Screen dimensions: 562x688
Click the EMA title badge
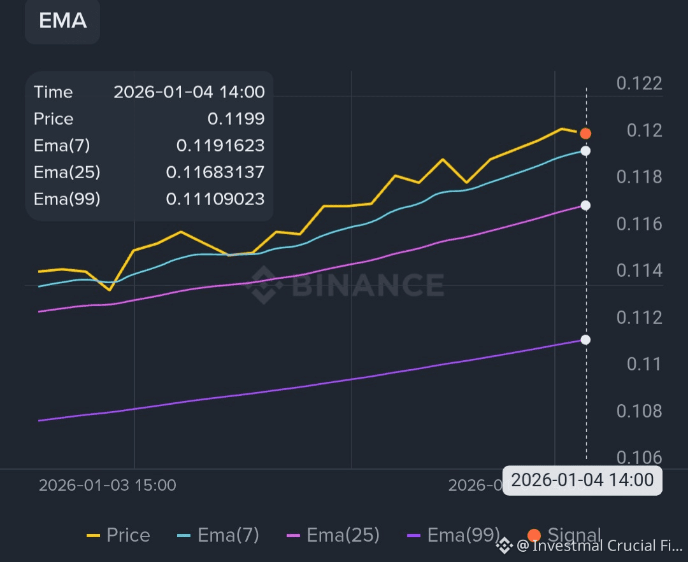(x=62, y=21)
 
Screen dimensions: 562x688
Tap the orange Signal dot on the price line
(x=585, y=133)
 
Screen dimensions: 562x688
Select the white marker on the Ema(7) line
(x=585, y=151)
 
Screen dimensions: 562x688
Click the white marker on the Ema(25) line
(x=585, y=206)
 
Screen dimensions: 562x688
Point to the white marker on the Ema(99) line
(x=585, y=340)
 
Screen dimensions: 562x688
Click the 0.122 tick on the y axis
(x=640, y=83)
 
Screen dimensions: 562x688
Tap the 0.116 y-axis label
(x=640, y=224)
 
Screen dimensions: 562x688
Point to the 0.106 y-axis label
(x=640, y=458)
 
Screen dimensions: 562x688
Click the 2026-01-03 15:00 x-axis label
(x=108, y=485)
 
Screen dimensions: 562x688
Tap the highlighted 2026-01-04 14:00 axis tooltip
(x=582, y=480)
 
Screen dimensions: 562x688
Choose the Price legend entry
(x=118, y=535)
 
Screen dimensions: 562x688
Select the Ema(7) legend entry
(x=217, y=535)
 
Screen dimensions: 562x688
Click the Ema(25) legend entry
(x=333, y=535)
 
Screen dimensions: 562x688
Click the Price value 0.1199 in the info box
(x=236, y=119)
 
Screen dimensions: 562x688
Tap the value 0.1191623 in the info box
(x=220, y=146)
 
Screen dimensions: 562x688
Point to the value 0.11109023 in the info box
(x=215, y=199)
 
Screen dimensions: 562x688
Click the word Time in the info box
(x=54, y=92)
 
